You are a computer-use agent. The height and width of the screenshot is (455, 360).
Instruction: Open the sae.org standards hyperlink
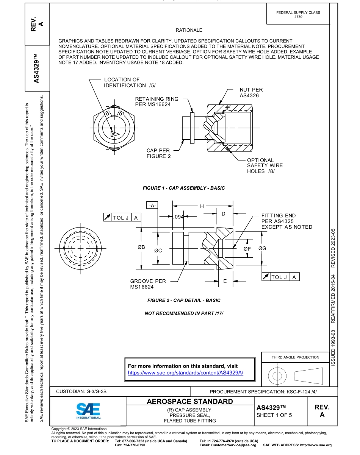click(x=185, y=372)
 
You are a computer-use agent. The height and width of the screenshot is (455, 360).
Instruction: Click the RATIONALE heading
click(x=189, y=30)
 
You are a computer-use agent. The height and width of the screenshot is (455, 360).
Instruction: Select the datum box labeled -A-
click(x=152, y=206)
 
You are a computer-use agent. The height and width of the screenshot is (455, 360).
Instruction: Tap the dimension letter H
click(x=202, y=206)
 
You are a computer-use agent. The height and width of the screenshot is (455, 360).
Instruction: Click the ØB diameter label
click(x=141, y=247)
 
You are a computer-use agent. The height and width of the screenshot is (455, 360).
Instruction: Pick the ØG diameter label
click(x=262, y=248)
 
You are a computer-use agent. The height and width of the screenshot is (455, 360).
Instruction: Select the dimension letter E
click(x=225, y=281)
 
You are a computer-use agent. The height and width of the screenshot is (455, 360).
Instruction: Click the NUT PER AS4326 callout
click(x=251, y=93)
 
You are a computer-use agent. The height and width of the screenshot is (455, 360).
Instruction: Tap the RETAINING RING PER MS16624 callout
click(x=157, y=101)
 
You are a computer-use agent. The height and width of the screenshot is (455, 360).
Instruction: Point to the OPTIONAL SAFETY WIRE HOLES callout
click(x=265, y=166)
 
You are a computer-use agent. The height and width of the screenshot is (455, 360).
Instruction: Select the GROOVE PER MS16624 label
click(x=148, y=284)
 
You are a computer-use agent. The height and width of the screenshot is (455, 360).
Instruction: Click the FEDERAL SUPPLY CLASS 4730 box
click(x=298, y=14)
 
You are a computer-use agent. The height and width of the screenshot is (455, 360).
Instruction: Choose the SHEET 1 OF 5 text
click(x=274, y=415)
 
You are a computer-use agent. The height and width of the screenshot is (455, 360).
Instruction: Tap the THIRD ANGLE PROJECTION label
click(x=295, y=357)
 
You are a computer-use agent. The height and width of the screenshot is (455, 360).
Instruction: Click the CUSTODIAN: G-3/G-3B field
click(x=81, y=391)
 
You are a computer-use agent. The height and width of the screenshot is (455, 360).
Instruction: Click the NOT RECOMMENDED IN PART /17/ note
click(x=184, y=313)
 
